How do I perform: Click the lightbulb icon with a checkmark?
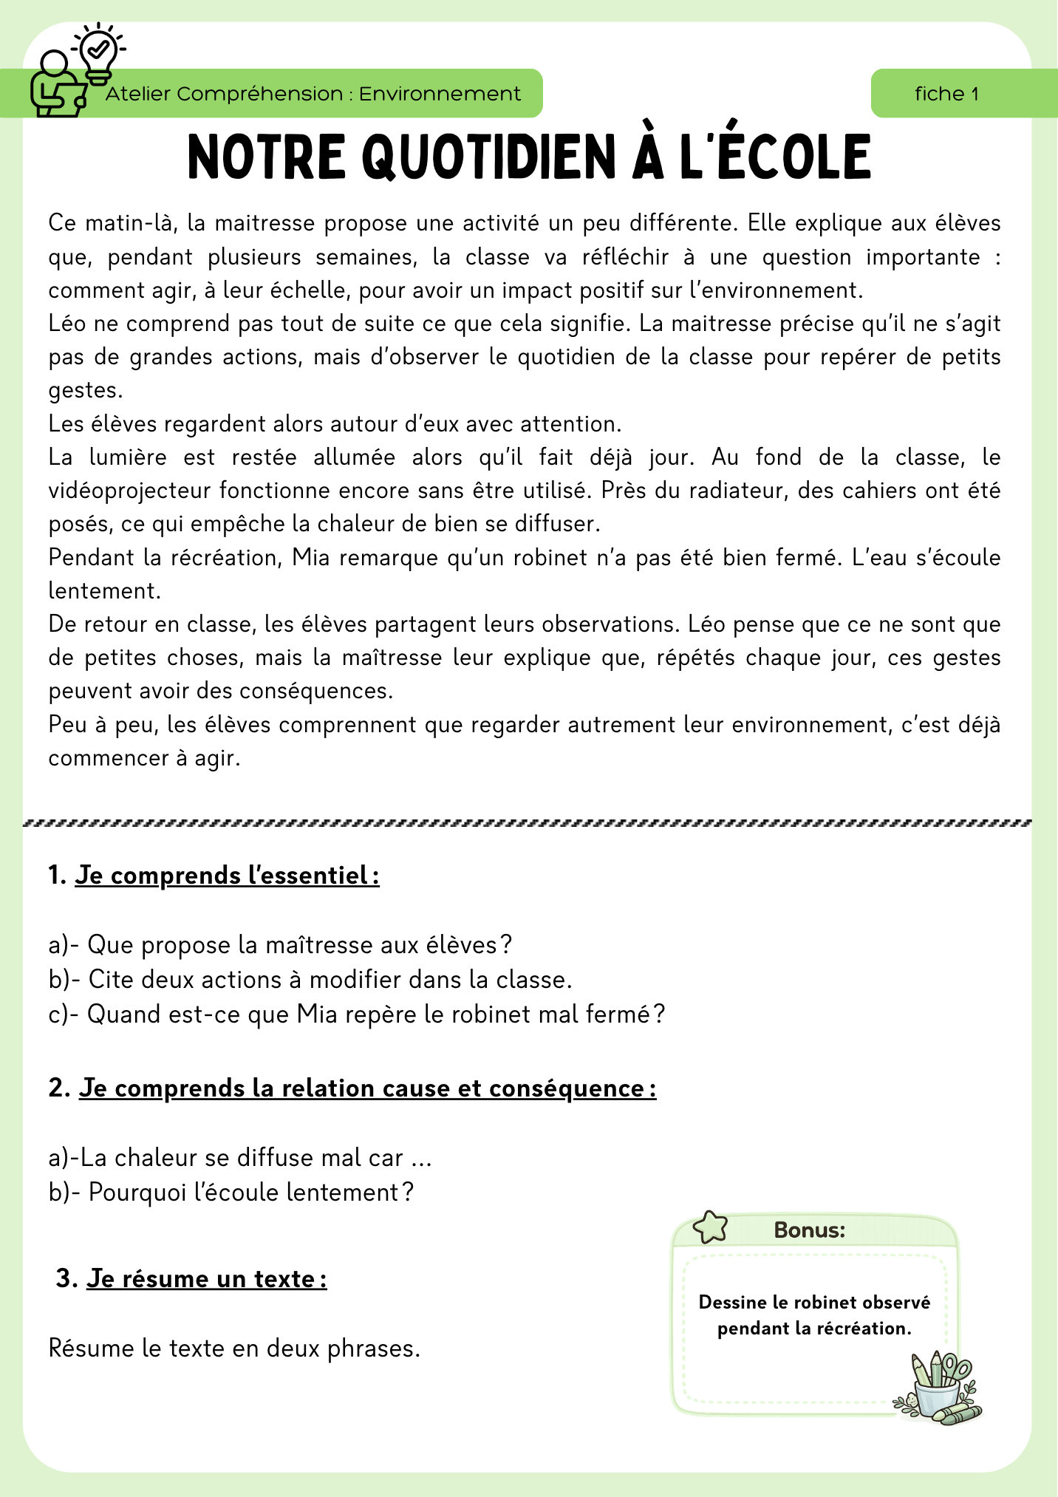[x=99, y=52]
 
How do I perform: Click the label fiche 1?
[x=946, y=94]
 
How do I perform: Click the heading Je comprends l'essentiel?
[x=227, y=876]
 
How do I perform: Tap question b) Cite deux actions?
[x=310, y=980]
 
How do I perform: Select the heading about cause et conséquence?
[x=367, y=1088]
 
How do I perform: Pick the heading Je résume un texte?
[x=206, y=1279]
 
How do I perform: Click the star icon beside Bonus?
[x=710, y=1227]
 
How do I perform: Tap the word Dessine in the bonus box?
[x=728, y=1303]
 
